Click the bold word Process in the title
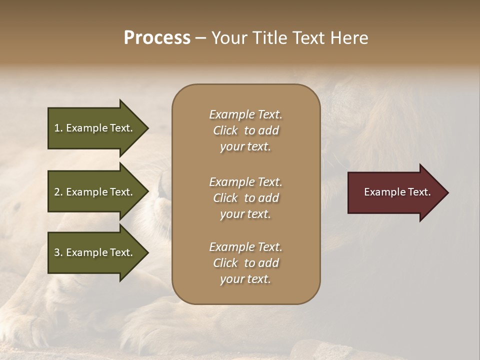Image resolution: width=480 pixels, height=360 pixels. tap(157, 38)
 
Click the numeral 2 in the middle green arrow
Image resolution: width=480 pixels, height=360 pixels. tap(57, 192)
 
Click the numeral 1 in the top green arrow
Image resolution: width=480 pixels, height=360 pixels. tap(57, 128)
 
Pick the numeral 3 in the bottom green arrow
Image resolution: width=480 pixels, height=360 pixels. tap(57, 252)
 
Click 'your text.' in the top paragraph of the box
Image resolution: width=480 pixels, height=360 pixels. tap(245, 147)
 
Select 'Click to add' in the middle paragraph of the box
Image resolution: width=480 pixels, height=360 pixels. tap(245, 198)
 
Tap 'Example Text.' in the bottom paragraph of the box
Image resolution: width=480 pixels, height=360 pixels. tap(245, 247)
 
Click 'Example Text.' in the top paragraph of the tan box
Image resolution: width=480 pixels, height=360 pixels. tap(245, 114)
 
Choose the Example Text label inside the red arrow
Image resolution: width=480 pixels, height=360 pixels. tap(397, 192)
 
